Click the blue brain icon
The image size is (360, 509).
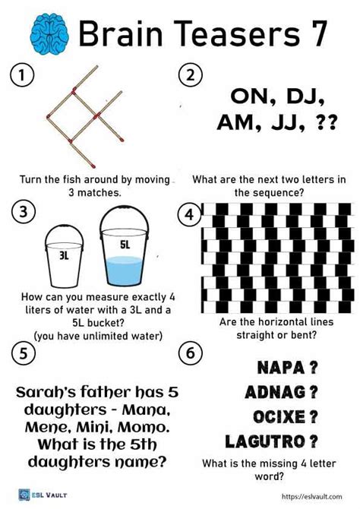coord(49,33)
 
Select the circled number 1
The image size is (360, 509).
coord(22,75)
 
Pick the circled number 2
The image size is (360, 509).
coord(191,75)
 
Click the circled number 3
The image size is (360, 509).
coord(23,212)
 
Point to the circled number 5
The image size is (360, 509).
coord(23,353)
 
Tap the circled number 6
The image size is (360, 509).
coord(191,353)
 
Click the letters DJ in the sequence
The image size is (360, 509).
coord(304,96)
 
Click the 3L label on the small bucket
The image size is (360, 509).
coord(64,256)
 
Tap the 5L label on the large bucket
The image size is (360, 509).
coord(125,245)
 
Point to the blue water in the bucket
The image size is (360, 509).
coord(125,270)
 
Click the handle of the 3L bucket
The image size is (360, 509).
coord(64,233)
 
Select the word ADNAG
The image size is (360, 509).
coord(275,392)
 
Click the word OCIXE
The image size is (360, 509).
coord(279,417)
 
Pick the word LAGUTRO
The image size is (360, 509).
coord(265,441)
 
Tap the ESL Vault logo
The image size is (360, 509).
coord(43,495)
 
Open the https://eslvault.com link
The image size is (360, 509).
coord(311,496)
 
